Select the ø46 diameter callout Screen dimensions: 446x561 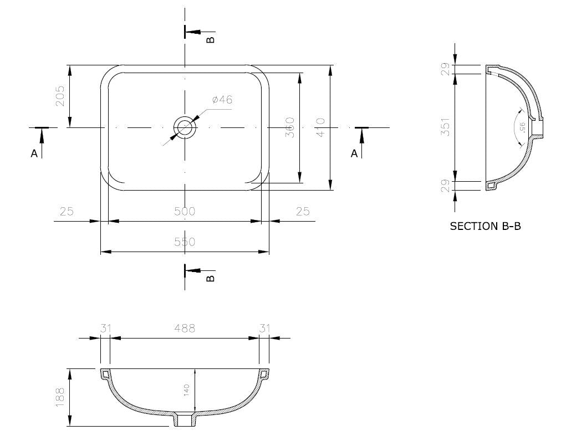point(222,100)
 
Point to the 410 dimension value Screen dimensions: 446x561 point(321,127)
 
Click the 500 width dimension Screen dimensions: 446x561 point(185,212)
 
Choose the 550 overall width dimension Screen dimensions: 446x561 point(185,242)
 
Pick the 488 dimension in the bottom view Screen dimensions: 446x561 point(185,328)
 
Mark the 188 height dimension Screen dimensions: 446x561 point(60,397)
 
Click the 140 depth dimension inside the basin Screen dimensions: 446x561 point(187,390)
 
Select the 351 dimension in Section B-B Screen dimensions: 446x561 point(445,127)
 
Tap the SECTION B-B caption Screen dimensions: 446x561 point(485,226)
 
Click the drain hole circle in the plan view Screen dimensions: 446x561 point(185,127)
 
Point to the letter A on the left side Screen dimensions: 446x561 point(34,154)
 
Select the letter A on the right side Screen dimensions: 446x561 point(354,154)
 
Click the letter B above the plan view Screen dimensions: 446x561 point(210,39)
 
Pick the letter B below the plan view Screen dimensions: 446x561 point(210,278)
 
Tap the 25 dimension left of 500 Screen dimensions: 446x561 point(67,212)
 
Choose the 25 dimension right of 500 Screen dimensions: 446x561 point(303,212)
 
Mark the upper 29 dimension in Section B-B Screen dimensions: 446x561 point(445,70)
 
